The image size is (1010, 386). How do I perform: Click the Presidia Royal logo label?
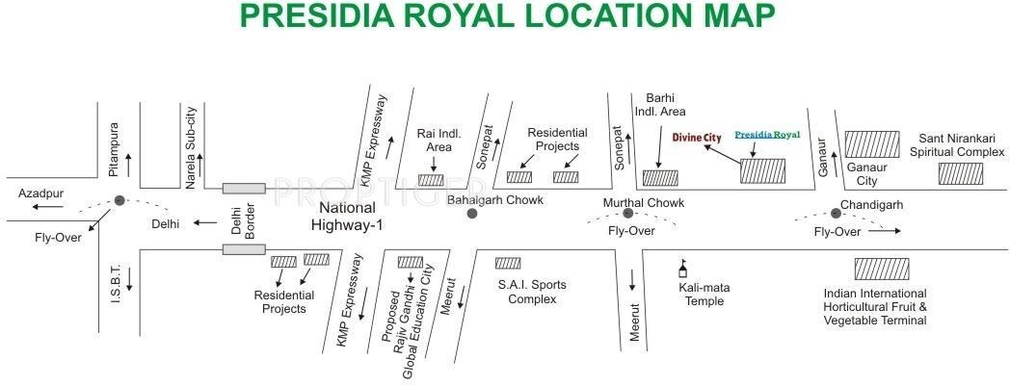[767, 136]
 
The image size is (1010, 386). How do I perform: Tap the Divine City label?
[697, 138]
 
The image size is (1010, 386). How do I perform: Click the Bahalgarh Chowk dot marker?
[471, 213]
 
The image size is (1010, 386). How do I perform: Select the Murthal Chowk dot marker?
[627, 214]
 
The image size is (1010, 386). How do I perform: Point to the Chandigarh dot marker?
[835, 213]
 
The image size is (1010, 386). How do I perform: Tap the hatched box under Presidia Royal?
[762, 171]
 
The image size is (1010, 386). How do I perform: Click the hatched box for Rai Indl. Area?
[431, 179]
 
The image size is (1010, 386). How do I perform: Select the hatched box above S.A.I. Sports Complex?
[508, 263]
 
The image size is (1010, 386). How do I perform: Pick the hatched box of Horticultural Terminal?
[881, 269]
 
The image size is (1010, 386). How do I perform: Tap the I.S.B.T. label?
[114, 286]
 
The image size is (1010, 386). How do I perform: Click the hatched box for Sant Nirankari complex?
[961, 173]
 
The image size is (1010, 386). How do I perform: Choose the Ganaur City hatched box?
[872, 144]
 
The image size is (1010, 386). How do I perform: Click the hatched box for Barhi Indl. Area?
[660, 177]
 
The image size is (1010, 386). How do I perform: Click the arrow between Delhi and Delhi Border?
[204, 223]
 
